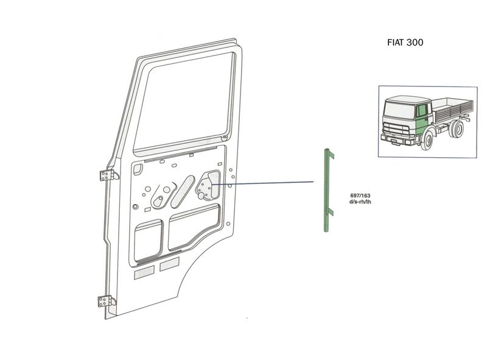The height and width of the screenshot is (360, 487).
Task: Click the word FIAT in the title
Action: pos(396,43)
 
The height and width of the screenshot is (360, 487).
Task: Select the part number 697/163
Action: pos(360,196)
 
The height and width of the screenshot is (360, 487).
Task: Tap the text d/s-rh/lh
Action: pos(360,203)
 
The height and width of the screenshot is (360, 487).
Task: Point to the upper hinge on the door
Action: pos(107,175)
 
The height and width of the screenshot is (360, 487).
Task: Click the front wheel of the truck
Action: pos(428,141)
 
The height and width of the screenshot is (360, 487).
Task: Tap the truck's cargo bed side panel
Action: pos(450,113)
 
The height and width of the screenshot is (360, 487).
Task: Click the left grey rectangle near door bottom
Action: pos(145,272)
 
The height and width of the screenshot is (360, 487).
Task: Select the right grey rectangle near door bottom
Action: pos(169,264)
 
